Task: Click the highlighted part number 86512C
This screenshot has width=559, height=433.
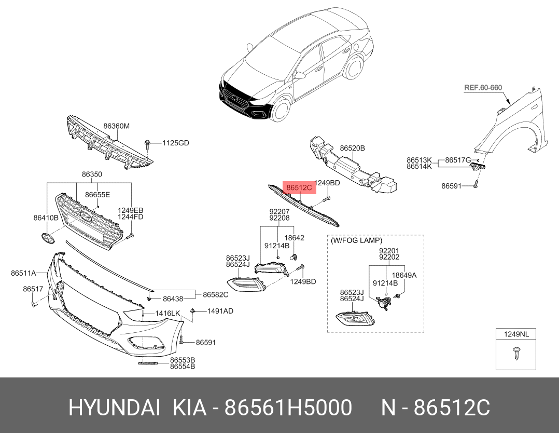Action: (x=299, y=187)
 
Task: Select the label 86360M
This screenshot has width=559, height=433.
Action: (x=116, y=126)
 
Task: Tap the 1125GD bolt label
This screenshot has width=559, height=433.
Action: (x=175, y=143)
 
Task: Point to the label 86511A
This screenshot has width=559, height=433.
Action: (x=23, y=273)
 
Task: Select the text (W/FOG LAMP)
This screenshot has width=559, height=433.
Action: (x=356, y=240)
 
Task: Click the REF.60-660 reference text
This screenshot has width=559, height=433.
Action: (x=483, y=88)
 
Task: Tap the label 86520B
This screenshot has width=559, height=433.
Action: (x=353, y=148)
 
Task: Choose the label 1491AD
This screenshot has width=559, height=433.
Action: (x=220, y=311)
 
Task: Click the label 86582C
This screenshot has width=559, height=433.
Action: (x=215, y=294)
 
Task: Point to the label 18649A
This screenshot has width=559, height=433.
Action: (x=404, y=275)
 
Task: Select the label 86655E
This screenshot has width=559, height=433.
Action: (x=97, y=195)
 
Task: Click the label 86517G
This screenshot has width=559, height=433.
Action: (x=458, y=160)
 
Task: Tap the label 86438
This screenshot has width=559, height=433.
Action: (x=173, y=299)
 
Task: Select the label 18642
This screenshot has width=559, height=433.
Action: (x=295, y=238)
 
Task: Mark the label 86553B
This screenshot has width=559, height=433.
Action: (x=183, y=360)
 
